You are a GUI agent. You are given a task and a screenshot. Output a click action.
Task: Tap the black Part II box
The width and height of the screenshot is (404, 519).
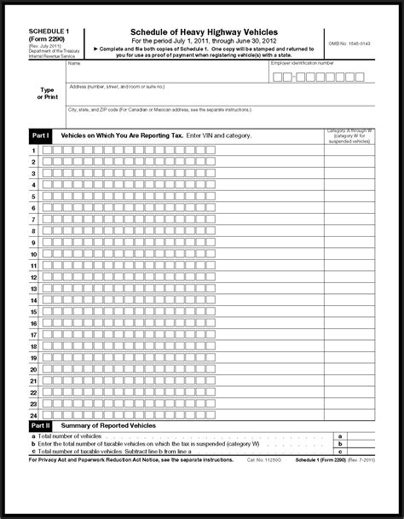pyautogui.click(x=41, y=424)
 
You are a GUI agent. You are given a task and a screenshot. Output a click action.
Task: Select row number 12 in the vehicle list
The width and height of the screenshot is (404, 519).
pyautogui.click(x=34, y=277)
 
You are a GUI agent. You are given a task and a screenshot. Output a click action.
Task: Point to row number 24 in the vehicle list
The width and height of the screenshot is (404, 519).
pyautogui.click(x=34, y=414)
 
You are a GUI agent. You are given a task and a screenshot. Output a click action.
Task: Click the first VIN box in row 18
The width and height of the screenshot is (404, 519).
pyautogui.click(x=47, y=346)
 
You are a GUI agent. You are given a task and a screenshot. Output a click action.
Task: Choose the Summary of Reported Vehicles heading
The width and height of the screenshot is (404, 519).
pyautogui.click(x=97, y=424)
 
